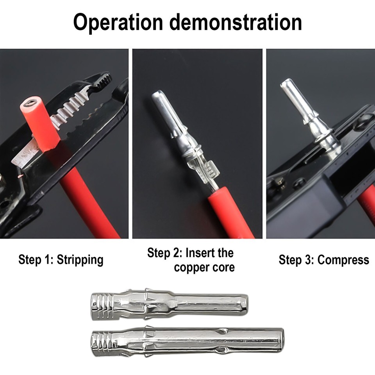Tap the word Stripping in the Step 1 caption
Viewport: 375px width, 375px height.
80,260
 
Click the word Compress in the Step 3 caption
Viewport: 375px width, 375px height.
344,260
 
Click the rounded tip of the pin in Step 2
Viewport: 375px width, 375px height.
159,96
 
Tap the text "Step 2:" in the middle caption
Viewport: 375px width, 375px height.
164,253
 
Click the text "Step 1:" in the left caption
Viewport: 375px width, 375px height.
36,260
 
